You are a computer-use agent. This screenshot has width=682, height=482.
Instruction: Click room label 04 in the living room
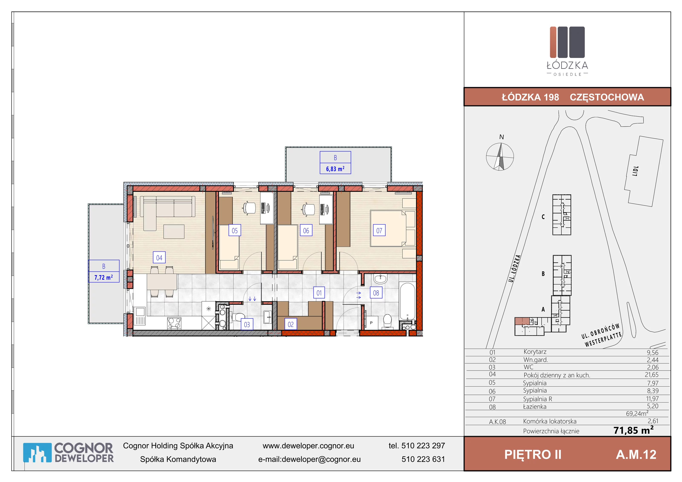(x=159, y=257)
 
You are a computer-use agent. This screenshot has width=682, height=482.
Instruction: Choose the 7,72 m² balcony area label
(x=104, y=277)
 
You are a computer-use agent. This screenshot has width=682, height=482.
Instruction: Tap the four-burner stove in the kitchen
(x=174, y=323)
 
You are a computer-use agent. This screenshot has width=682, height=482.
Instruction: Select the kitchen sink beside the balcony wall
(x=140, y=316)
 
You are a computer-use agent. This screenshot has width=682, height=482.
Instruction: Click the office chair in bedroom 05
(x=249, y=208)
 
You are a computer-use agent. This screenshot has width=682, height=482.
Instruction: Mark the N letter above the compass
(x=502, y=137)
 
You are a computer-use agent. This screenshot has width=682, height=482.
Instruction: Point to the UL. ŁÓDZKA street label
(x=514, y=268)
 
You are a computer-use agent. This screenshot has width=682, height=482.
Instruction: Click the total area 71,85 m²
(x=634, y=430)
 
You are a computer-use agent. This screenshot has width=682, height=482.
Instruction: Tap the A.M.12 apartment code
(x=636, y=454)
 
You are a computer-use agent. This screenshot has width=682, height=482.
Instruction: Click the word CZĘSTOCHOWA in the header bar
(x=607, y=97)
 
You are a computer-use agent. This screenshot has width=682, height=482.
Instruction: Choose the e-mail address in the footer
(x=309, y=459)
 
